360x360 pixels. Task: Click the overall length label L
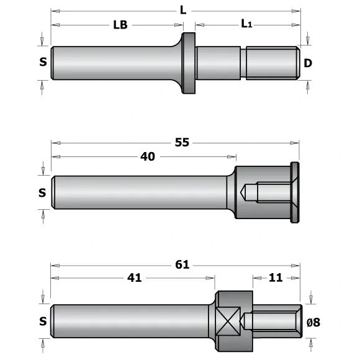click(x=182, y=10)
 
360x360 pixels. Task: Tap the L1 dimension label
click(x=247, y=24)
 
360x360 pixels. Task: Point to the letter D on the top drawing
click(x=308, y=63)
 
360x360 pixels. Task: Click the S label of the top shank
click(x=42, y=63)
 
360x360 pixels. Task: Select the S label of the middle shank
click(x=42, y=192)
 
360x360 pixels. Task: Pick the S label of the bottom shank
click(x=42, y=321)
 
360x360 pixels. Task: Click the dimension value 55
click(x=182, y=142)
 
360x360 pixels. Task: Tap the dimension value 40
click(x=147, y=156)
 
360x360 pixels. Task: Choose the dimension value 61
click(x=182, y=264)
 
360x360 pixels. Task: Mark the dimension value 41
click(x=134, y=277)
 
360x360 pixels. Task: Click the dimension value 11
click(x=276, y=277)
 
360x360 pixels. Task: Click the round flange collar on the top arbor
click(x=188, y=63)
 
